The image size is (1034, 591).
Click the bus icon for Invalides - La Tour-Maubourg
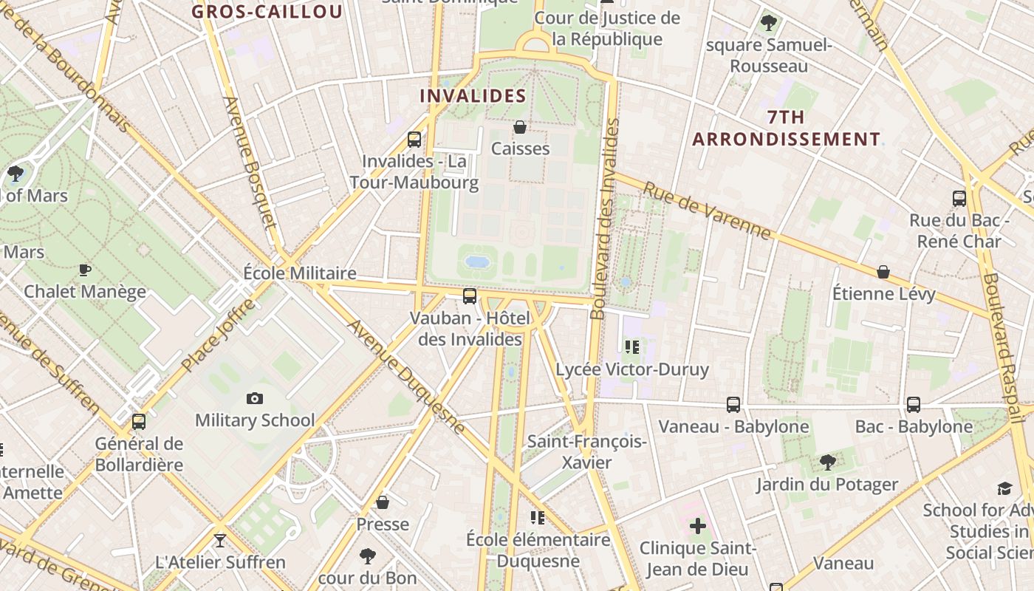[x=414, y=140]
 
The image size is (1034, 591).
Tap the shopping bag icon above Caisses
[x=520, y=127]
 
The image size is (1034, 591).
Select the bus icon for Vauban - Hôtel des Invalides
[x=470, y=296]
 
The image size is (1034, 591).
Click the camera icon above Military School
[x=255, y=399]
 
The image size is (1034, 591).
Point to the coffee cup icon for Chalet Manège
[x=85, y=270]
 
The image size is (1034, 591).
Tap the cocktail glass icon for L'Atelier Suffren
[x=219, y=541]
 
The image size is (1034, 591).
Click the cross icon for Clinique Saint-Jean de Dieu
[x=698, y=527]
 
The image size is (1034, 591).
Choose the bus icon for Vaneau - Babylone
[x=733, y=405]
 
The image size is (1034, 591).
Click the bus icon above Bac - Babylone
[x=914, y=405]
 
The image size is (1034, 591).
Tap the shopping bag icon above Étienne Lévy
[x=883, y=272]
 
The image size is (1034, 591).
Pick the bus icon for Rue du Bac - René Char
[x=959, y=198]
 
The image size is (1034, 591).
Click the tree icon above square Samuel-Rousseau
[x=769, y=23]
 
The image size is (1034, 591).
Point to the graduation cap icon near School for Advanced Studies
[x=1004, y=488]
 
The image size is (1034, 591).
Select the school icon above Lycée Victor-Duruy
[x=631, y=346]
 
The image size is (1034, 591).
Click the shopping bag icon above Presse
[x=383, y=503]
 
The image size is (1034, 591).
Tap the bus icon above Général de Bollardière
[x=139, y=422]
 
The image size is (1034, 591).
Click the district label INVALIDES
[x=473, y=96]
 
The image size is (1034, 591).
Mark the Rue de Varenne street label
[x=707, y=211]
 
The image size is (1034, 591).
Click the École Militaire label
[x=300, y=273]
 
